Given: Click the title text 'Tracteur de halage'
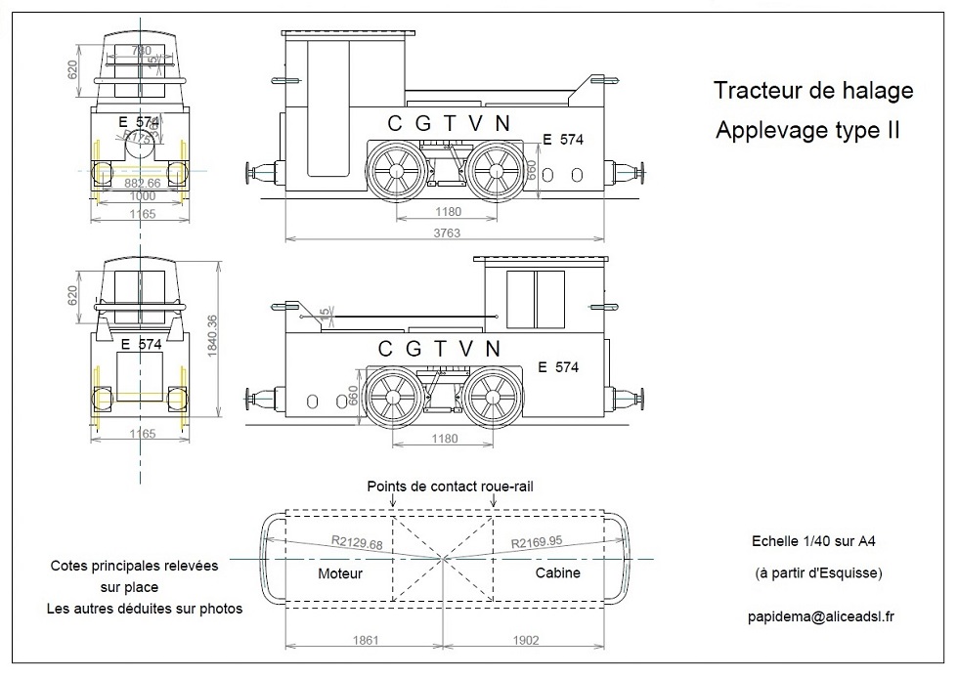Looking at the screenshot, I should pos(813,91).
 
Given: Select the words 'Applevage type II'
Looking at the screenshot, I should pos(807,130).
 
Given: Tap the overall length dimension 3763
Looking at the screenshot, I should pos(448,233).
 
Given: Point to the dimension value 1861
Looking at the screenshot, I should pos(363,641).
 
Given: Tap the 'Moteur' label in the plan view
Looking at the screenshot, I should pos(340,573).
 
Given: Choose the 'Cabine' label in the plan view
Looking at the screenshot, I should pos(557,573).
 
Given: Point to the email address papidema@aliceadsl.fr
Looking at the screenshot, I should pos(819,616).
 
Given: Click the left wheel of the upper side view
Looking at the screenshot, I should pos(397,170).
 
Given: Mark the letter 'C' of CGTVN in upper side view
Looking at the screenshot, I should pos(395,123).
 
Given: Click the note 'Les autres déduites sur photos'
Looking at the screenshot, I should pos(144,608).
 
